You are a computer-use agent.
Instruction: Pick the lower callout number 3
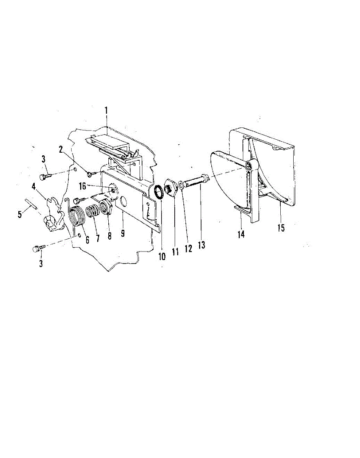pos(41,263)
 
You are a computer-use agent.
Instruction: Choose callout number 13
pos(201,245)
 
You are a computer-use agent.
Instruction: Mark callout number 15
pos(281,228)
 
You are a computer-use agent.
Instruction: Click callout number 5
pos(20,215)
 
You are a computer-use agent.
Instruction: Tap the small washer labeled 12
pos(181,185)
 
